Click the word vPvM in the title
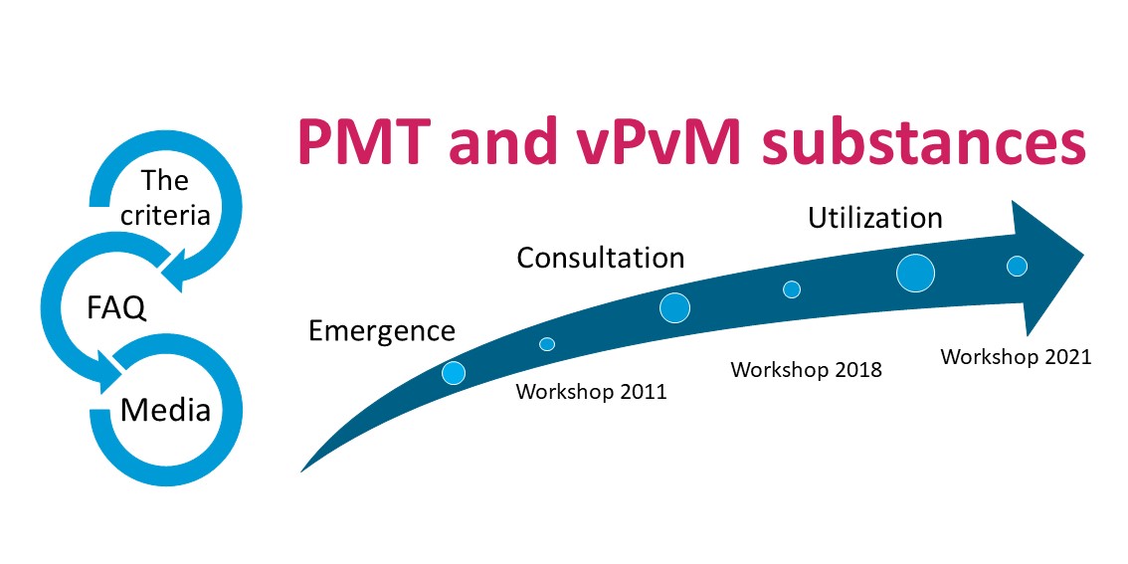(x=661, y=142)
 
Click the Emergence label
(x=382, y=330)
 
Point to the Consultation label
(x=600, y=259)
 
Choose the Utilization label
(x=874, y=217)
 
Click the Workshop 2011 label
(x=591, y=392)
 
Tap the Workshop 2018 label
(x=806, y=370)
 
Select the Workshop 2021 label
(x=1016, y=356)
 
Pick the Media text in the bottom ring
(x=165, y=409)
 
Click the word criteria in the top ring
(x=166, y=215)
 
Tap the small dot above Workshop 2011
(x=547, y=344)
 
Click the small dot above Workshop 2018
(x=792, y=289)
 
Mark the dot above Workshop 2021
(x=1017, y=266)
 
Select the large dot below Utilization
(x=915, y=273)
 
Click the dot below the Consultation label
(x=675, y=308)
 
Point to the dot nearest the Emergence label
(x=454, y=373)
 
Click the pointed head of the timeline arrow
(x=1054, y=260)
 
